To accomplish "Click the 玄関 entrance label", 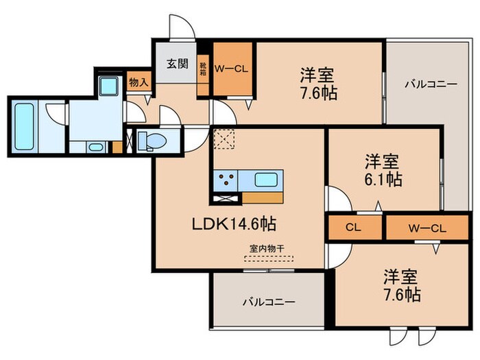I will [177, 64].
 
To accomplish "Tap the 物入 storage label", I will [139, 82].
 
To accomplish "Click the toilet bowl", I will [152, 141].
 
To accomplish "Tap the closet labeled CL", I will [355, 227].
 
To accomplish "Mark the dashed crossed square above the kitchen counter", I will [224, 140].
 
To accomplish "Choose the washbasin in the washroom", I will [95, 145].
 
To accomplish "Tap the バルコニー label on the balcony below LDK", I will [268, 302].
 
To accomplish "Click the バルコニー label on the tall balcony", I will [430, 84].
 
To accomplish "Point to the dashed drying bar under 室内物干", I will [268, 259].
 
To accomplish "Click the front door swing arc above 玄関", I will [181, 27].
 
